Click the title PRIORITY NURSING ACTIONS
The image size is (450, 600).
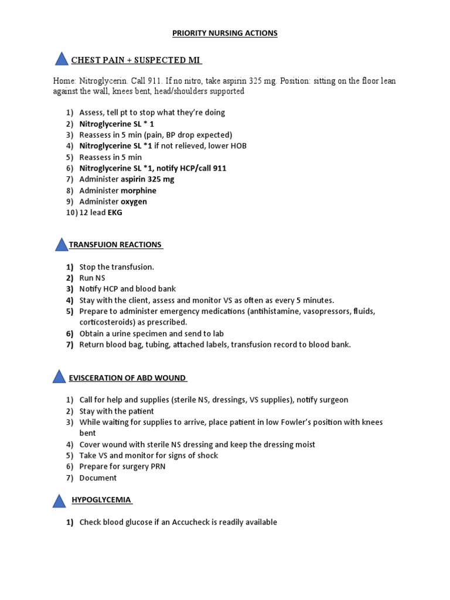point(224,33)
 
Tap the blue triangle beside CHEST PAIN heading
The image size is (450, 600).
point(62,59)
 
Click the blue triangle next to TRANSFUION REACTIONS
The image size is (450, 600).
point(62,244)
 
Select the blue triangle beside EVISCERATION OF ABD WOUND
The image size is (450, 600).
point(59,377)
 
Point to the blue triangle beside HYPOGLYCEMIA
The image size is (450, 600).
point(59,501)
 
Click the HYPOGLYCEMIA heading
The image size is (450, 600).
point(101,500)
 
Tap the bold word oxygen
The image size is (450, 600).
point(134,202)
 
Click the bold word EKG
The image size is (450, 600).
point(114,213)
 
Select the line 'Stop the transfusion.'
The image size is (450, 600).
point(117,267)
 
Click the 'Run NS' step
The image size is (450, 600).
point(93,278)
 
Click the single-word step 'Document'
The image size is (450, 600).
point(98,478)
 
